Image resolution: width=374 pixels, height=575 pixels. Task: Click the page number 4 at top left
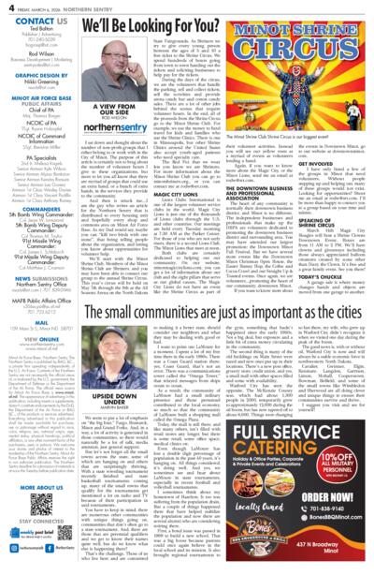coord(8,8)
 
